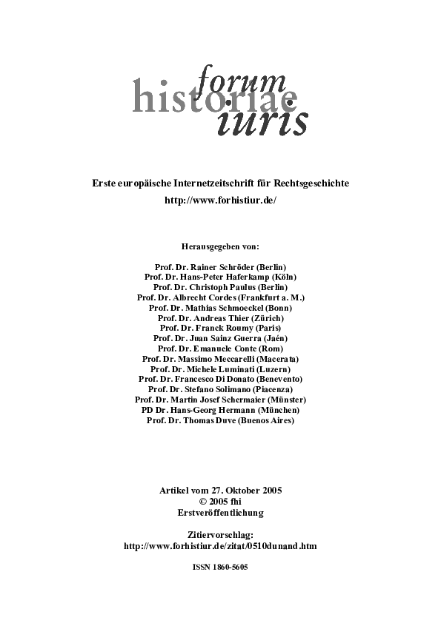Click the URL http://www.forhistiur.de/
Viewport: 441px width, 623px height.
[220, 200]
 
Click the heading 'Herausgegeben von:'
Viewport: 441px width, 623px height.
[220, 246]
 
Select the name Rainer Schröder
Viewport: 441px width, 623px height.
[221, 266]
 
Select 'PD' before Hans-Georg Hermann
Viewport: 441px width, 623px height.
[147, 410]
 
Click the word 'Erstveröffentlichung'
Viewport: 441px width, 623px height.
[220, 512]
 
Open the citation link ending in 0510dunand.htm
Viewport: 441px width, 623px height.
[220, 546]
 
